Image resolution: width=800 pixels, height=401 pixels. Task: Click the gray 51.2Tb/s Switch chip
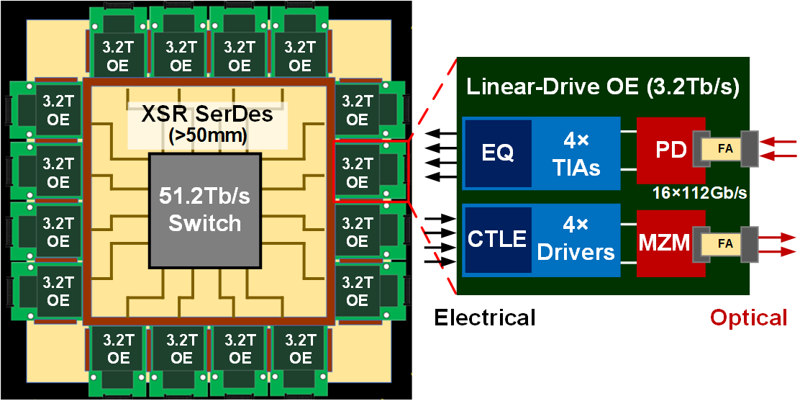pos(204,208)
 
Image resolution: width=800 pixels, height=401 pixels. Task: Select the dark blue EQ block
pos(498,154)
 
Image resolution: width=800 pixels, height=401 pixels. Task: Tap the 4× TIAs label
pos(576,154)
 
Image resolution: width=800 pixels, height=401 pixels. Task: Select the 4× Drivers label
pos(576,240)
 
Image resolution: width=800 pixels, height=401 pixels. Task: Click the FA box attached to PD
pos(725,150)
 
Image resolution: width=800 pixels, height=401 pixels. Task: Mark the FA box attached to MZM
pos(725,243)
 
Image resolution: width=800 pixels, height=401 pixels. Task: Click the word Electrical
pos(484,317)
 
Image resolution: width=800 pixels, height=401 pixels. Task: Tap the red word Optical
pos(749,317)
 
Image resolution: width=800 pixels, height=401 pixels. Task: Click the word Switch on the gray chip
pos(204,222)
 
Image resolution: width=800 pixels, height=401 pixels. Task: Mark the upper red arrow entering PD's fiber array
pos(780,143)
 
